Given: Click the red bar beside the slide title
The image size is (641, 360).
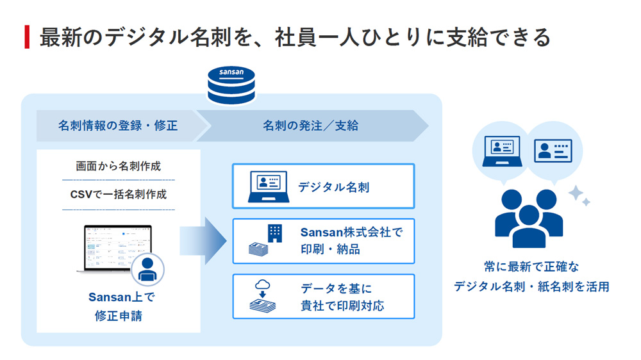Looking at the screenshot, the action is click(27, 37).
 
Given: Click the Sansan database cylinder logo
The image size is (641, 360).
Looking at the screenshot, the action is click(231, 85).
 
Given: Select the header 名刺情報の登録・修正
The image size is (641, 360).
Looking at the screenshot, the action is click(118, 126).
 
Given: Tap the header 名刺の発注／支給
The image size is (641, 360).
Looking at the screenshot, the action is click(311, 126).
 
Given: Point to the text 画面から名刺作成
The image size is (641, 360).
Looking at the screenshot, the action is click(119, 166).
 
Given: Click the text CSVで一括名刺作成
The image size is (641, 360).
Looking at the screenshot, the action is click(119, 194).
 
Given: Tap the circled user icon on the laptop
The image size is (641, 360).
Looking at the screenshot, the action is click(147, 269).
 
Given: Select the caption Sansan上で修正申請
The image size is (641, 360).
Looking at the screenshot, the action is click(121, 306).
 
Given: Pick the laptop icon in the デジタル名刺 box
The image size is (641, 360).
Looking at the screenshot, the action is click(269, 187).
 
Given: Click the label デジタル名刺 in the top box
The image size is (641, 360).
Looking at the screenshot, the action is click(333, 187).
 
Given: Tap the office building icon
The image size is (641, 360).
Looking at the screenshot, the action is click(275, 233).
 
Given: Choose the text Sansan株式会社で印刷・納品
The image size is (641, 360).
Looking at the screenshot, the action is click(351, 240).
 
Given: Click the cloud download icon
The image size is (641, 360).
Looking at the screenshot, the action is click(262, 288).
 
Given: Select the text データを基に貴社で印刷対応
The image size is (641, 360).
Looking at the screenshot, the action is click(342, 297).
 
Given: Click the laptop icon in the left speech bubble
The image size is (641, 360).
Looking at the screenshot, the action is click(502, 151).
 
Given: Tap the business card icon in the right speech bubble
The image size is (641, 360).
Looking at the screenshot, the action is click(553, 151).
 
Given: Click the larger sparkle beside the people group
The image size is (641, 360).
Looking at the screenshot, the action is click(576, 193).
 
